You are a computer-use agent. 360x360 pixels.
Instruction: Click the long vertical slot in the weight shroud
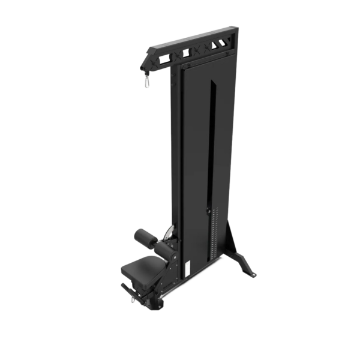coord(209,144)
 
